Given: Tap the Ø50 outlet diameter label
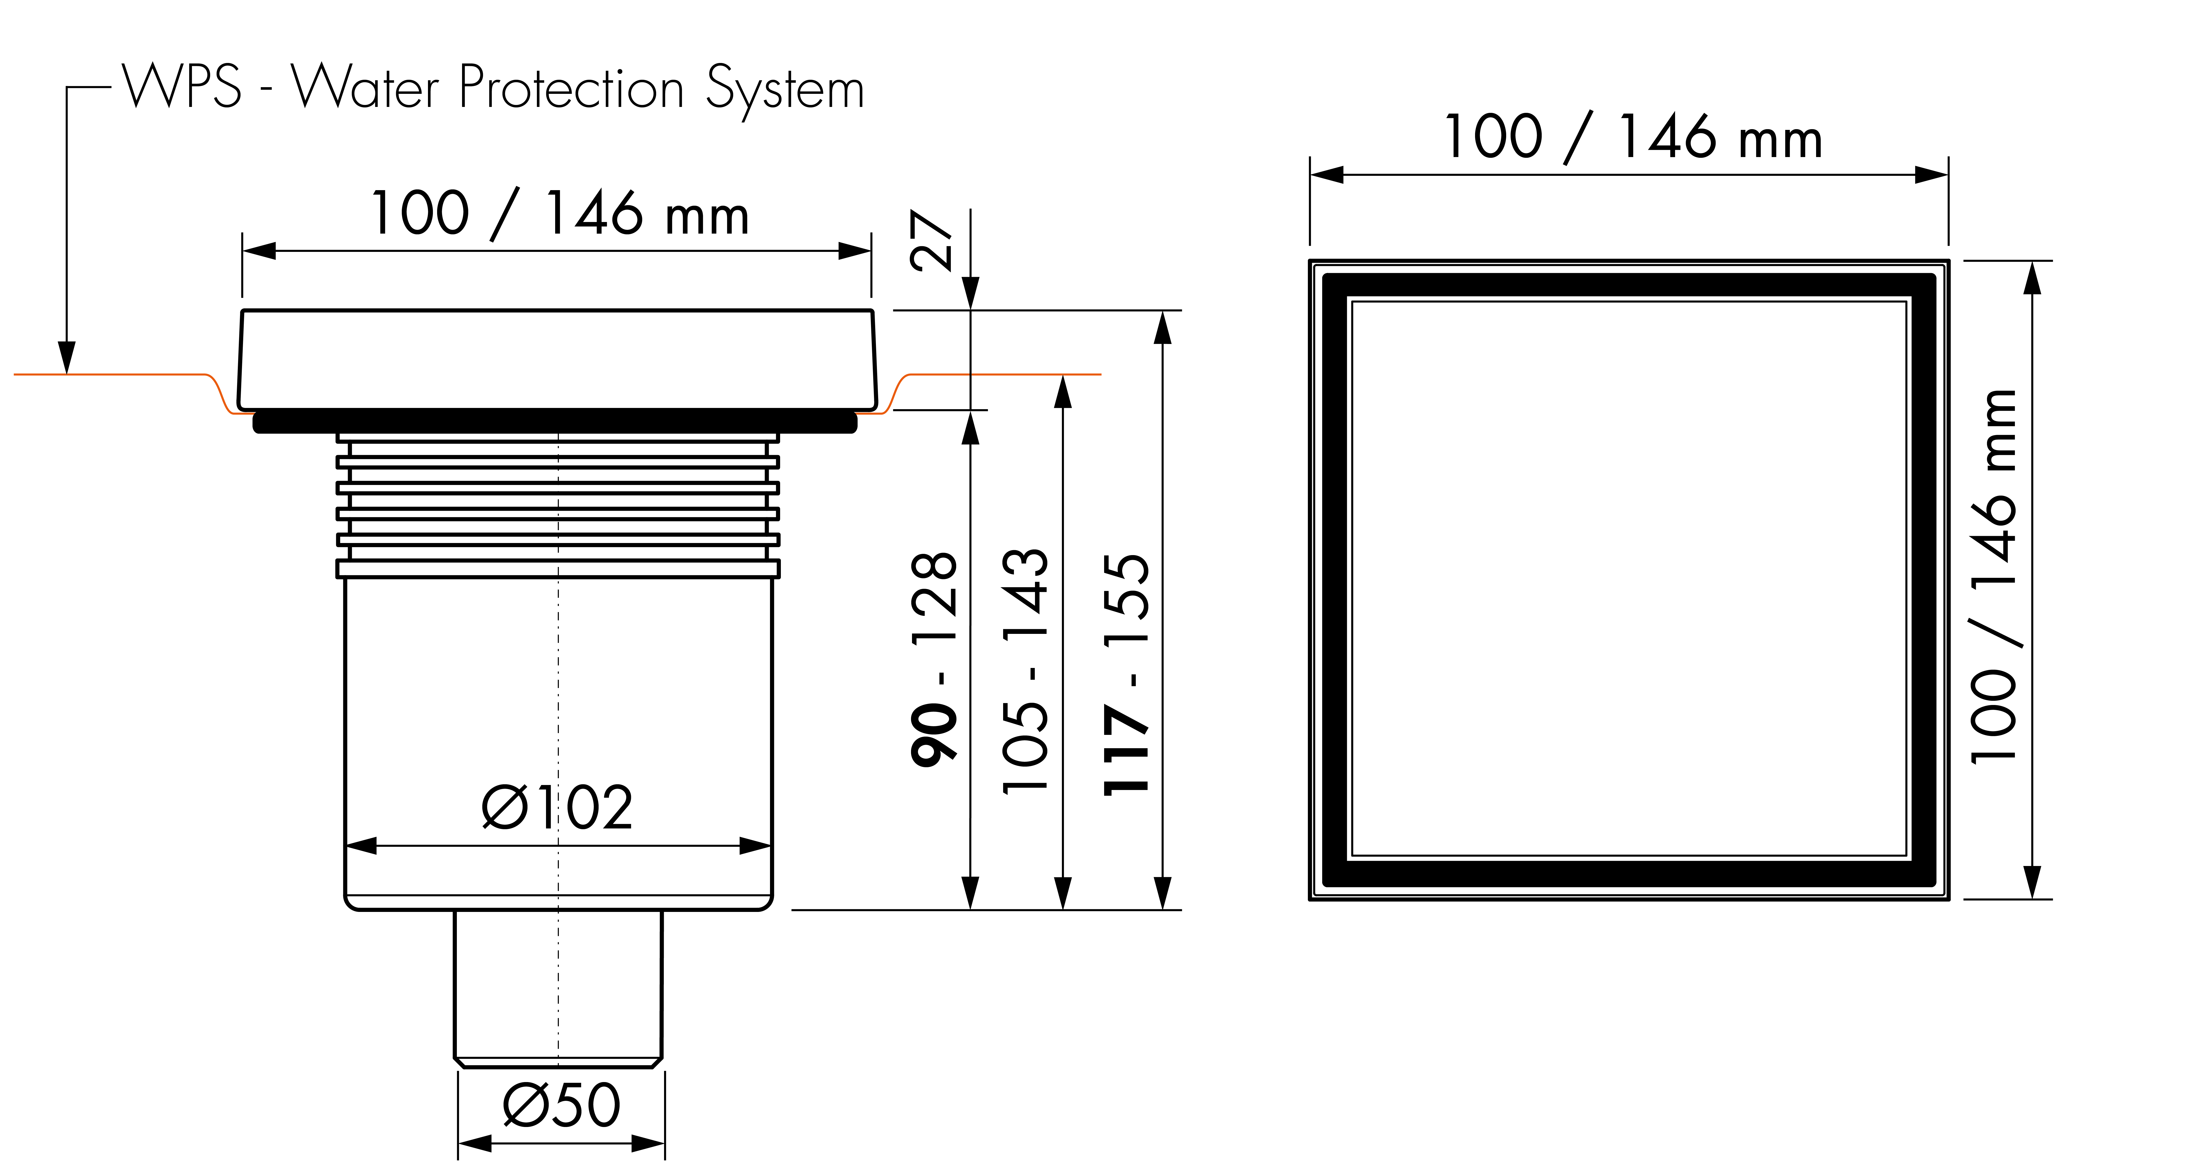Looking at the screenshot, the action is pos(561,1104).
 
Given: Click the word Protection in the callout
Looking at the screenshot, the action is pos(572,87).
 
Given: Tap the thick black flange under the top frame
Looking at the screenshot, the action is pos(555,421).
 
